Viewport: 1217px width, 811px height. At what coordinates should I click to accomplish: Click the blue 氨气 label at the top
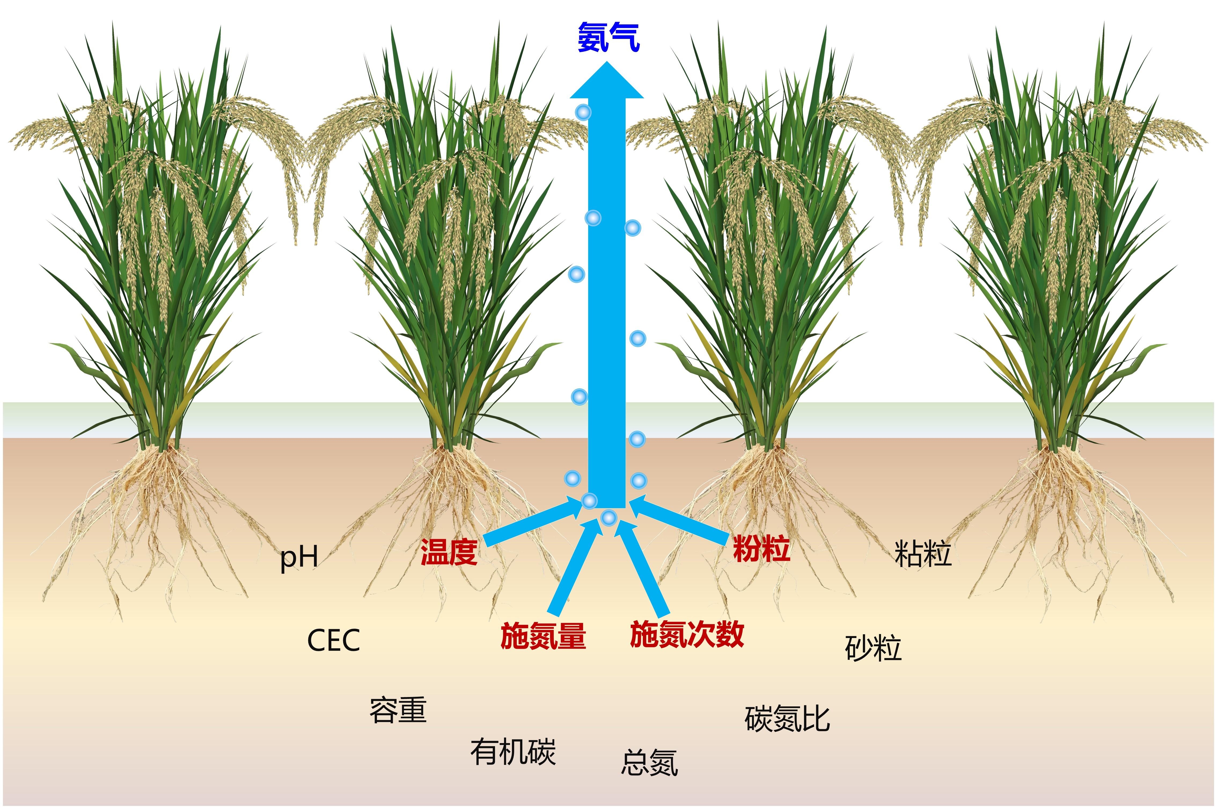pos(608,37)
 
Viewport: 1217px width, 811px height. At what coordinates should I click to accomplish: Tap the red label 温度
pos(449,552)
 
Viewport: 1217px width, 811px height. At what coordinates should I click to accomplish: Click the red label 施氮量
pos(543,636)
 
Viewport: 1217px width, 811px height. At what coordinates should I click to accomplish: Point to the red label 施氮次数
pos(687,634)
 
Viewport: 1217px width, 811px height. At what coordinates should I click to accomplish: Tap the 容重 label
pos(398,710)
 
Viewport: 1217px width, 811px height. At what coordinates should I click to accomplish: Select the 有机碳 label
pos(513,752)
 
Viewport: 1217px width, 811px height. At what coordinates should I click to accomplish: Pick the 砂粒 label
pos(873,648)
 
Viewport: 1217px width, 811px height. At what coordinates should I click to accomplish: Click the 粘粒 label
pos(923,554)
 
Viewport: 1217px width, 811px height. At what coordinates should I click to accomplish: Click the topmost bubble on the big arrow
pos(583,112)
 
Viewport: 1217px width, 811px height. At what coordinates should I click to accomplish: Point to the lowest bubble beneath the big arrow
pos(609,517)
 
